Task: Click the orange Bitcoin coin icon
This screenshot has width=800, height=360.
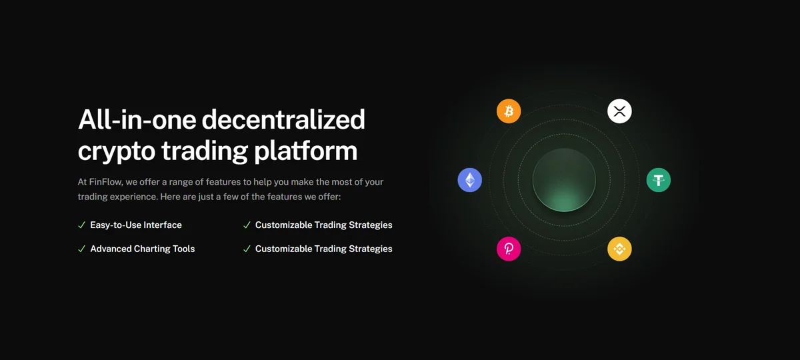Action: click(509, 111)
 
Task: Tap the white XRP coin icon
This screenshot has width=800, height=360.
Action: click(619, 111)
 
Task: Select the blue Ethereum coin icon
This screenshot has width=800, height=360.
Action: click(469, 180)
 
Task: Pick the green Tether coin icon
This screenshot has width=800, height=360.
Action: click(658, 180)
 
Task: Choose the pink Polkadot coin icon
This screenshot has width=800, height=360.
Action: click(509, 249)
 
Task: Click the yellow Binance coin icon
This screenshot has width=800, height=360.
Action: click(619, 249)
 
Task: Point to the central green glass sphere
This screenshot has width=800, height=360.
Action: click(564, 180)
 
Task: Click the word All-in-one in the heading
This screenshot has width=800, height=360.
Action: click(137, 119)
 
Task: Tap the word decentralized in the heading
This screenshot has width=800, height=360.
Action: click(283, 119)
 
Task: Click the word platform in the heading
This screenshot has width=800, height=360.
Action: click(306, 151)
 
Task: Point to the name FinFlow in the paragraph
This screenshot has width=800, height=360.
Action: click(106, 182)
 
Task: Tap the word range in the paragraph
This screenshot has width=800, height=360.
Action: click(181, 182)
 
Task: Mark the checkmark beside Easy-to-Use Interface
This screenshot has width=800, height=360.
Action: click(82, 225)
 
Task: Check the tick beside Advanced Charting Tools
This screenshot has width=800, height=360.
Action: click(82, 249)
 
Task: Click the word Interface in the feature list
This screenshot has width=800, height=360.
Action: click(163, 225)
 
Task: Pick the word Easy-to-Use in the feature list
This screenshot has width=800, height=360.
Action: click(115, 225)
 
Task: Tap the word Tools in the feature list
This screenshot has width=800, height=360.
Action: click(183, 249)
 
